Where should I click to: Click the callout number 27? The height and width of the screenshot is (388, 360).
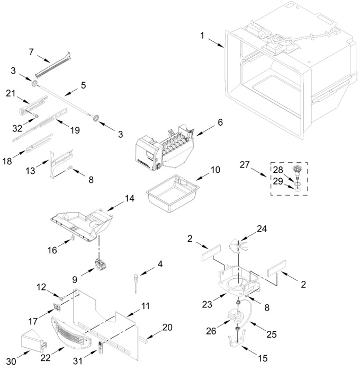coord(245,164)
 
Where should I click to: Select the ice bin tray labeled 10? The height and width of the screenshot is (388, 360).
coord(173,192)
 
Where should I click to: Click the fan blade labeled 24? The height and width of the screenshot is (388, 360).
coord(239,246)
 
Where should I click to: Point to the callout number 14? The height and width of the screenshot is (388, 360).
coord(130,198)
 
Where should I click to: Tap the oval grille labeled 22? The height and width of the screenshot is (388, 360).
coord(71,332)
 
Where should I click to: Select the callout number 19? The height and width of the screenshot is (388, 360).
coord(75,130)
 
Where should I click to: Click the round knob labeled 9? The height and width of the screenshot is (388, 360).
coord(101,265)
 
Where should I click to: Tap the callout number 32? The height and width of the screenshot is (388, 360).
coord(17,128)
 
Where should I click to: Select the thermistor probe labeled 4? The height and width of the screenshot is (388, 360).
coord(136,283)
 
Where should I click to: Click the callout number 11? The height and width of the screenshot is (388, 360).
coord(146,306)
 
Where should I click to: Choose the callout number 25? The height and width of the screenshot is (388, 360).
coord(271,334)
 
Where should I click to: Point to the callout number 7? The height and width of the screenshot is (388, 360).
coord(31,52)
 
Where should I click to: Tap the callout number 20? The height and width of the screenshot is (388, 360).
coord(167,327)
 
